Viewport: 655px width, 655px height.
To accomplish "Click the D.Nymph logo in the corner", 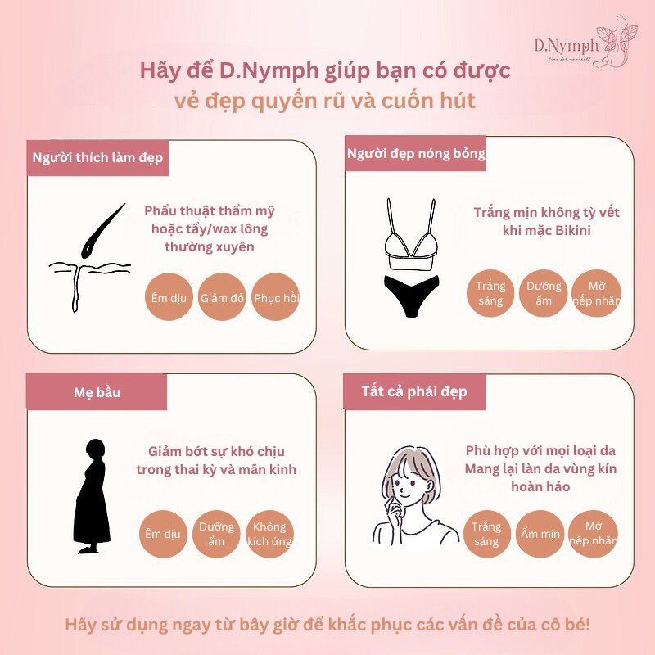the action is click(x=585, y=42).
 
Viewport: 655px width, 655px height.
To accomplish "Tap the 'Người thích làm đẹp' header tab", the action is click(x=97, y=158).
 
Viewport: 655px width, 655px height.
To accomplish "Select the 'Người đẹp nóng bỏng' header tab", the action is click(x=416, y=153).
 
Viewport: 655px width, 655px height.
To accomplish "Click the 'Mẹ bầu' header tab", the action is click(x=97, y=392).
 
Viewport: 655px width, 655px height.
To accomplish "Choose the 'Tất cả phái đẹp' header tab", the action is click(x=414, y=391).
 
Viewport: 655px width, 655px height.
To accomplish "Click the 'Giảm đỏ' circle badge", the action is click(x=222, y=297).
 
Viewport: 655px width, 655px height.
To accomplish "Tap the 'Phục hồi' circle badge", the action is click(x=276, y=297).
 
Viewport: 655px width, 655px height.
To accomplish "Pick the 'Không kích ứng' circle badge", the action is click(x=270, y=534).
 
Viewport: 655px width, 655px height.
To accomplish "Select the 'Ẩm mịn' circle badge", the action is click(x=540, y=534).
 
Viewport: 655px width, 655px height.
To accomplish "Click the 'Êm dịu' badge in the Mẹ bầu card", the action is click(x=163, y=534).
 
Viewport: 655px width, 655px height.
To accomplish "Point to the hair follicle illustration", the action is click(x=90, y=258).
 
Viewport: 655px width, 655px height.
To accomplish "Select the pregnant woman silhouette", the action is click(x=92, y=496).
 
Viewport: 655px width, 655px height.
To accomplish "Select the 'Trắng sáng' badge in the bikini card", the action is click(x=490, y=293).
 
